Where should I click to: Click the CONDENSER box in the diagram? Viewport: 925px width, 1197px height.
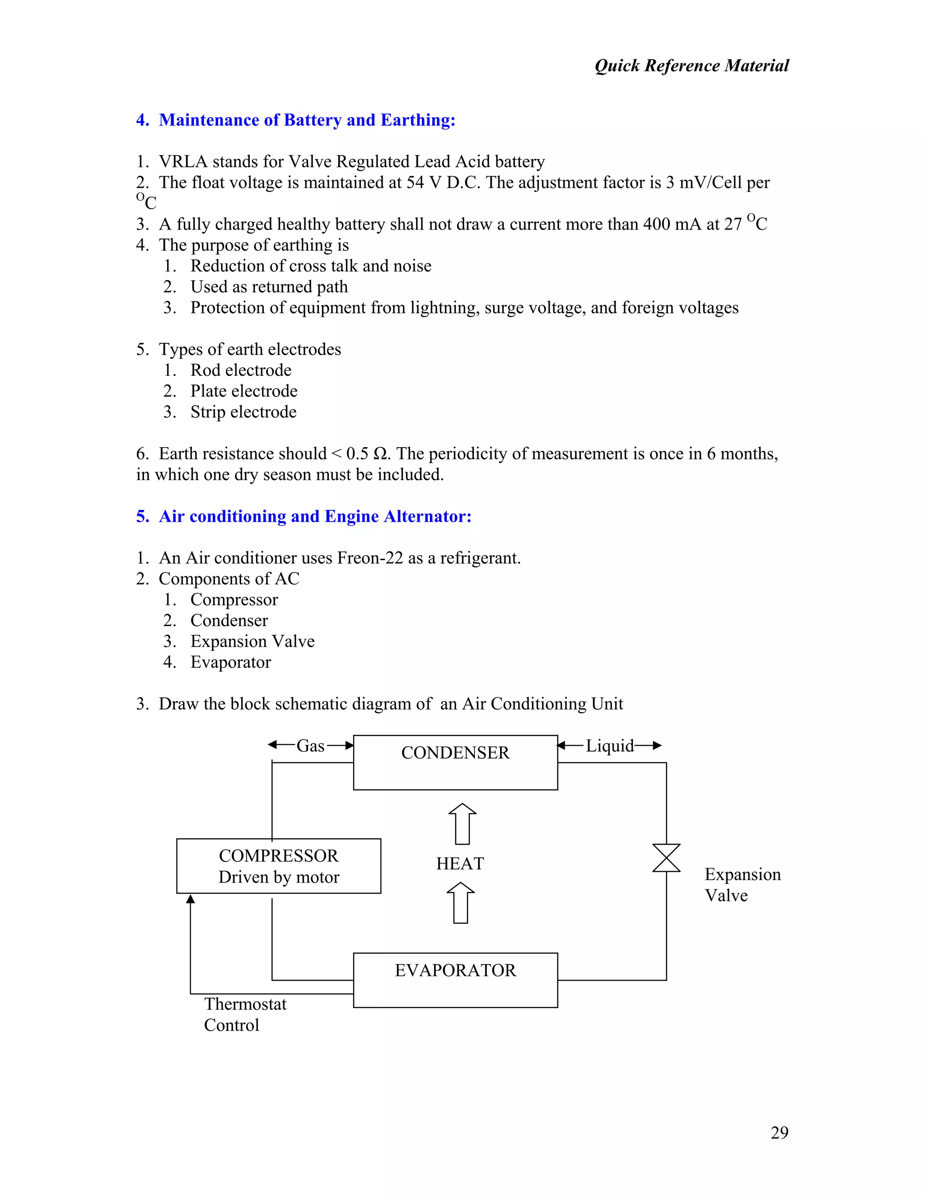point(455,762)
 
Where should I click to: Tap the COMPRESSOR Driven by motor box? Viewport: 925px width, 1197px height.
point(278,866)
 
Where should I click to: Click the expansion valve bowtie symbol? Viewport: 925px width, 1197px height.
point(666,858)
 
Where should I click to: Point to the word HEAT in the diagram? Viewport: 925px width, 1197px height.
point(460,864)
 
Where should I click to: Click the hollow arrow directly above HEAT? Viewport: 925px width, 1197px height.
point(462,824)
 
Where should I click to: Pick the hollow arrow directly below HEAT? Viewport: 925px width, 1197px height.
point(460,902)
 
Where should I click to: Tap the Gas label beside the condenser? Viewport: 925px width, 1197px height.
point(311,746)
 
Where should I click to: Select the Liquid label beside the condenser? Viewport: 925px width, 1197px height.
point(609,746)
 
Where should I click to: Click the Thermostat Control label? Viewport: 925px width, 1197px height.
point(245,1015)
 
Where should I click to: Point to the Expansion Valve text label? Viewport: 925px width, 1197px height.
point(742,884)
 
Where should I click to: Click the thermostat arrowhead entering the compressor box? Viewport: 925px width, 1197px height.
point(191,899)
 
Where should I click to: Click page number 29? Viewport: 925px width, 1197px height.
point(779,1132)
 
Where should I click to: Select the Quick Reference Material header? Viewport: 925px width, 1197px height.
point(691,66)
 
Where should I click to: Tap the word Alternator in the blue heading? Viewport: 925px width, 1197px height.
point(427,516)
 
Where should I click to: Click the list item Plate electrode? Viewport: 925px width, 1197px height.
point(244,391)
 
